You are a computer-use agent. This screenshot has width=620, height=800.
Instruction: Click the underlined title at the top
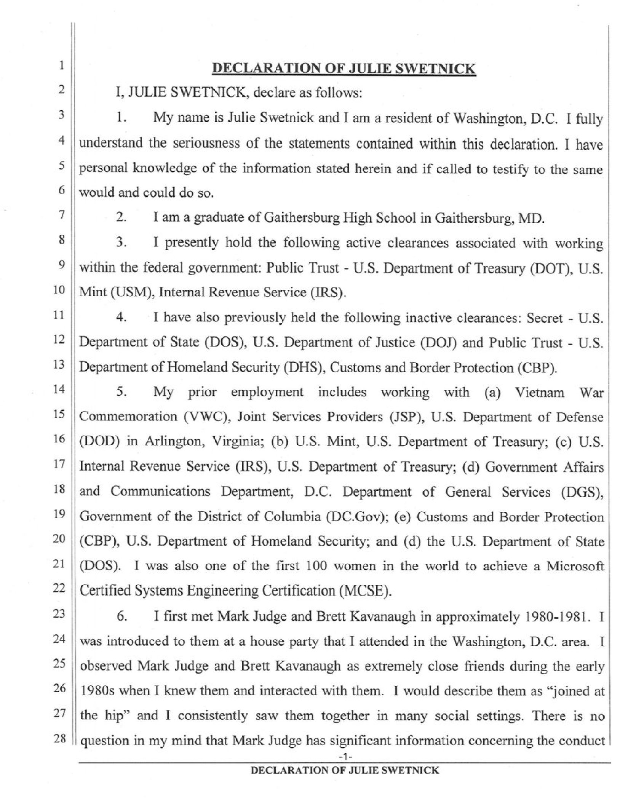coord(344,69)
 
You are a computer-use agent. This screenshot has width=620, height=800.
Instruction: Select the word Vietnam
coord(539,392)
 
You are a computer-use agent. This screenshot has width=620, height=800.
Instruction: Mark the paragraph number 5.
coord(121,393)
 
